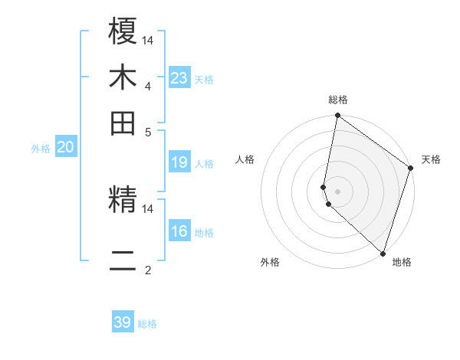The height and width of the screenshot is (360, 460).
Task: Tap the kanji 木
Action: point(123,77)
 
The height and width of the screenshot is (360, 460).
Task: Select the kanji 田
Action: point(123,123)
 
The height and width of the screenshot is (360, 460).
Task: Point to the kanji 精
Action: point(123,201)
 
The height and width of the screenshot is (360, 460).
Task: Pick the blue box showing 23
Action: point(179,77)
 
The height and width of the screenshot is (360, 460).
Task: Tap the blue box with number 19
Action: point(179,162)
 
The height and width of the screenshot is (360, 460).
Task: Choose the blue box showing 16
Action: point(179,231)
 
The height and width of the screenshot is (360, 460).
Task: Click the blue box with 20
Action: point(65,148)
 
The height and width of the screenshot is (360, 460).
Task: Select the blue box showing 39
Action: point(123,322)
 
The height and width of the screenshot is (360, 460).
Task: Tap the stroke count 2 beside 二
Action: point(147,270)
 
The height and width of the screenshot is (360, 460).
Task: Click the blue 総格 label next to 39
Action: point(147,324)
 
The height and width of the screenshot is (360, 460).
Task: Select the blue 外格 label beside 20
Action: point(41,149)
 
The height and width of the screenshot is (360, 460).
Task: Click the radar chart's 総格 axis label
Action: point(338,100)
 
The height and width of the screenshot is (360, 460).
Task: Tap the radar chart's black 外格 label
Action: point(270,262)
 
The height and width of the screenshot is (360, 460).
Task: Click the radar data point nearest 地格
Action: point(383,253)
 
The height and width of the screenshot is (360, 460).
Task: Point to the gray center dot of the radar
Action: point(337,191)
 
